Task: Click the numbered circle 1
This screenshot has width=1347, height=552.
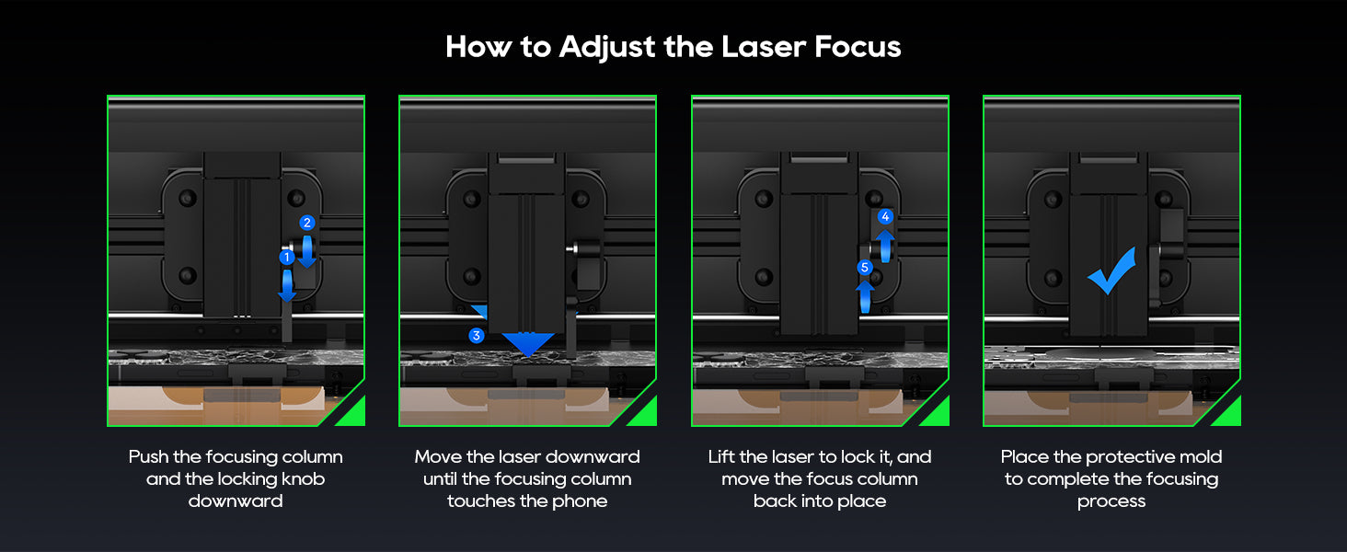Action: [287, 258]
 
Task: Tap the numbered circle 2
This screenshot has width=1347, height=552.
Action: [307, 223]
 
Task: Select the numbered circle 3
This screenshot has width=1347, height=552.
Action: [477, 335]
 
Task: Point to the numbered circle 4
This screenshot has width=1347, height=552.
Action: [885, 216]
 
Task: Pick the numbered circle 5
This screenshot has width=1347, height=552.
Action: [865, 267]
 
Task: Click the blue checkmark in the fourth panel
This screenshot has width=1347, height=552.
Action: [1111, 271]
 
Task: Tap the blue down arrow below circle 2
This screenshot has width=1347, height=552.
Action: [307, 251]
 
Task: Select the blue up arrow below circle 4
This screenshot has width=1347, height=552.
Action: [885, 246]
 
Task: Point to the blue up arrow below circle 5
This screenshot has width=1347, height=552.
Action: [865, 296]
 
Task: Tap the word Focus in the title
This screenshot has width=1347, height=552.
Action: [858, 47]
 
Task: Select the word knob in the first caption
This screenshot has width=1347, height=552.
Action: [305, 478]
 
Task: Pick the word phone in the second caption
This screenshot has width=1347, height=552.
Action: [580, 501]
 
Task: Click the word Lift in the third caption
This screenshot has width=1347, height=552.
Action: [720, 457]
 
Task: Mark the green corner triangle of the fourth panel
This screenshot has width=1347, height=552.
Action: [1230, 415]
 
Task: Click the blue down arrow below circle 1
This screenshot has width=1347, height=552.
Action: [287, 285]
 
